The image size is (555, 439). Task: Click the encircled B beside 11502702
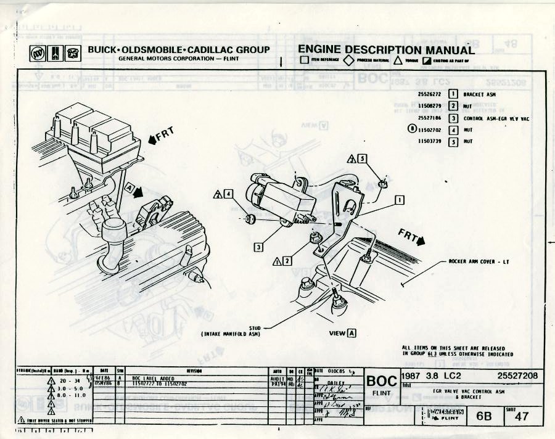[413, 129]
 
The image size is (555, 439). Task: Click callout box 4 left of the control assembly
[228, 194]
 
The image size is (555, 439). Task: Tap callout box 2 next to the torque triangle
[287, 261]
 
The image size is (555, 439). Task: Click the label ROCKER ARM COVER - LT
[479, 261]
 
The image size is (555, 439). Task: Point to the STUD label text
[255, 328]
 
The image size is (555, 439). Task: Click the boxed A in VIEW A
[352, 334]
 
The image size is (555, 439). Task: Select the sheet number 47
[521, 416]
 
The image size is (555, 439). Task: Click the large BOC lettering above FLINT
[381, 381]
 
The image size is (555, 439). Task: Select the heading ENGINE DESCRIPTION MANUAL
[386, 50]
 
